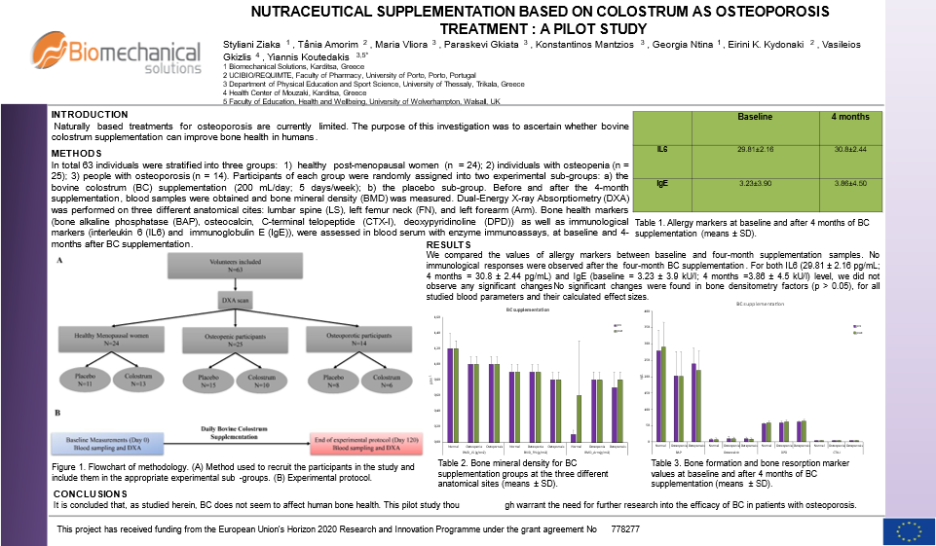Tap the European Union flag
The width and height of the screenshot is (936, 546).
pos(909,530)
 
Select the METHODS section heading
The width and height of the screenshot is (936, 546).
pos(76,154)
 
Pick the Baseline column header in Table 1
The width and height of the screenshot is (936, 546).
pos(754,118)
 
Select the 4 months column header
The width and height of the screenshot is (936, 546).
pos(850,118)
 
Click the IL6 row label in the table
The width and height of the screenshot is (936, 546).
pos(661,148)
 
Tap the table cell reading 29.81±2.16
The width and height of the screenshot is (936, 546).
pos(754,148)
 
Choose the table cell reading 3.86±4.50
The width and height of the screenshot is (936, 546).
pos(850,183)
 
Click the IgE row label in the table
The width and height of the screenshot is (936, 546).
pos(661,183)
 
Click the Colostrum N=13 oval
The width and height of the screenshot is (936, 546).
pos(139,381)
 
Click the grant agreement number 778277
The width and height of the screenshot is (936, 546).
pos(625,528)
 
